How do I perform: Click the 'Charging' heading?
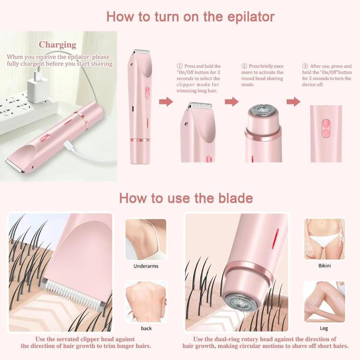[57, 45]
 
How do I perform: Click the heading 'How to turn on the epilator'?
[190, 17]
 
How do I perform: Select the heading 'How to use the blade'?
[185, 198]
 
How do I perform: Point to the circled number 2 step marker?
[244, 66]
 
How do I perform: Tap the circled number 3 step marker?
[305, 66]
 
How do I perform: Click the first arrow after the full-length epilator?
[166, 102]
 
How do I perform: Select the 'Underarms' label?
[146, 266]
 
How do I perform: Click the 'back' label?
[146, 328]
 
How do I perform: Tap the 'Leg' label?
[324, 328]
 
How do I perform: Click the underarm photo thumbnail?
[146, 239]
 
